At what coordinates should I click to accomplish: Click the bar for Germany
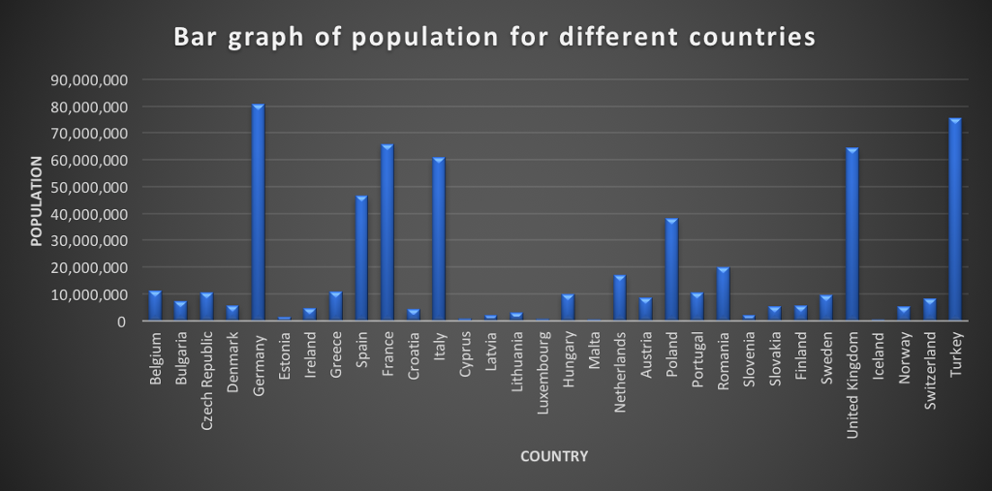[259, 212]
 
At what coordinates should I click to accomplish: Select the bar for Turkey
[955, 220]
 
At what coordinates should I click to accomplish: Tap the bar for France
[387, 232]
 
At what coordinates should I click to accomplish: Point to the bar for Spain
[361, 258]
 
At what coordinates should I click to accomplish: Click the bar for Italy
[439, 238]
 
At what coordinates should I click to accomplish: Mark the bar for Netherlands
[620, 297]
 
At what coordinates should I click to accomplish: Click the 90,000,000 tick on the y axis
[88, 79]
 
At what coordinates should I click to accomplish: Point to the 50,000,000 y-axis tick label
[88, 187]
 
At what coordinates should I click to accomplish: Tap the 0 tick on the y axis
[121, 321]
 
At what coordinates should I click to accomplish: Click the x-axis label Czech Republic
[207, 372]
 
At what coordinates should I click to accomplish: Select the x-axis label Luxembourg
[542, 367]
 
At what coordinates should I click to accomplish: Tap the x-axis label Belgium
[156, 358]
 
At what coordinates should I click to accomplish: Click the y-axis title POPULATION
[37, 200]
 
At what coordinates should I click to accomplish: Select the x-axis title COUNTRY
[553, 456]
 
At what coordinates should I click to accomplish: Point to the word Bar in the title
[194, 37]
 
